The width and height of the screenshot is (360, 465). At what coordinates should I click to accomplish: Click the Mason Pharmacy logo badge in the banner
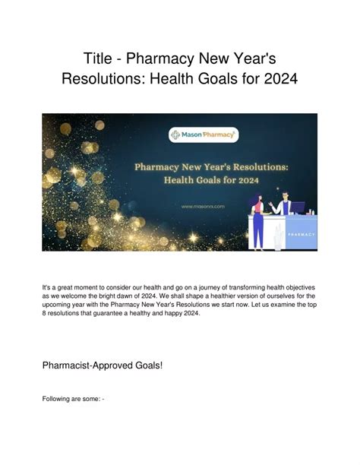click(180, 134)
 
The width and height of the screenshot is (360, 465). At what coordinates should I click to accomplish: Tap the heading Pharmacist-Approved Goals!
click(103, 365)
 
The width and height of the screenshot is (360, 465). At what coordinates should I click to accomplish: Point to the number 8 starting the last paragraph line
click(44, 313)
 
